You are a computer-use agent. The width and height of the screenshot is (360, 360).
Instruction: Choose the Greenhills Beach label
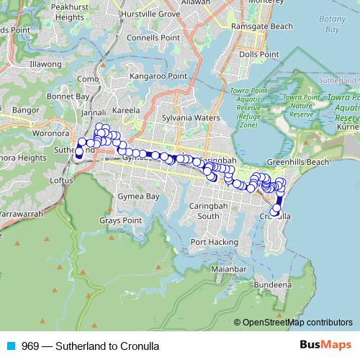[x=298, y=162]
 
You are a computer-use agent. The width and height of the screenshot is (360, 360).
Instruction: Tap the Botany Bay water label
[x=332, y=25]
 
